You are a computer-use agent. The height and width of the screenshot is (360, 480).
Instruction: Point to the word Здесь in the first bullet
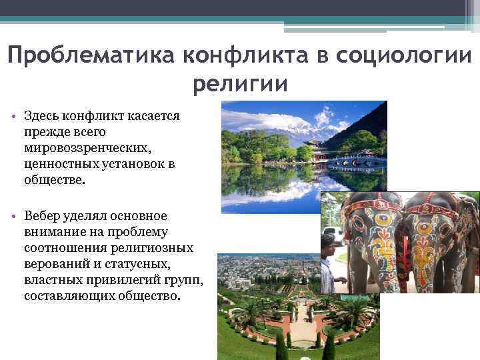[x=42, y=116]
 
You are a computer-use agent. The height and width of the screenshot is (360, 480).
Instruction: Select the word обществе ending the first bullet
[x=55, y=180]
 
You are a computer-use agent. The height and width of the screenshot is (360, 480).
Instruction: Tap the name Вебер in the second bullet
[x=41, y=216]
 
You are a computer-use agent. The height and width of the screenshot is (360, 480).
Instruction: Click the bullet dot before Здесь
[x=14, y=117]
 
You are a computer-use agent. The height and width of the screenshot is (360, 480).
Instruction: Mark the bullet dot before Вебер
[x=14, y=217]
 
